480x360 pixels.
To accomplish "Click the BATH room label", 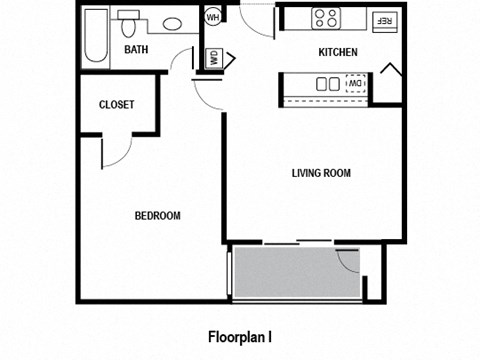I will pos(137,49).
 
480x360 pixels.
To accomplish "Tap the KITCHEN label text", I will pos(338,52).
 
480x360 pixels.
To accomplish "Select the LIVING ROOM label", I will pos(321,173).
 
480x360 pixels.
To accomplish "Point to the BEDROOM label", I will pos(157,216).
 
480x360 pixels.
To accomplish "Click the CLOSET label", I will pos(117,105).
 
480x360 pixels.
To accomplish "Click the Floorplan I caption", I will pos(240,335).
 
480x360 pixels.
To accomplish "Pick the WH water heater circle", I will pos(213,18).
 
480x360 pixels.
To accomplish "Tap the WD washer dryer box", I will pos(214,57).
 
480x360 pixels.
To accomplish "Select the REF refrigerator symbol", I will pos(384,19).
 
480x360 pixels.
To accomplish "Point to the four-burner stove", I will pos(326,17).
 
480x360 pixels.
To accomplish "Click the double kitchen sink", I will pos(328,84).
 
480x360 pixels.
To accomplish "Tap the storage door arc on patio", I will pos(347,260).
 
